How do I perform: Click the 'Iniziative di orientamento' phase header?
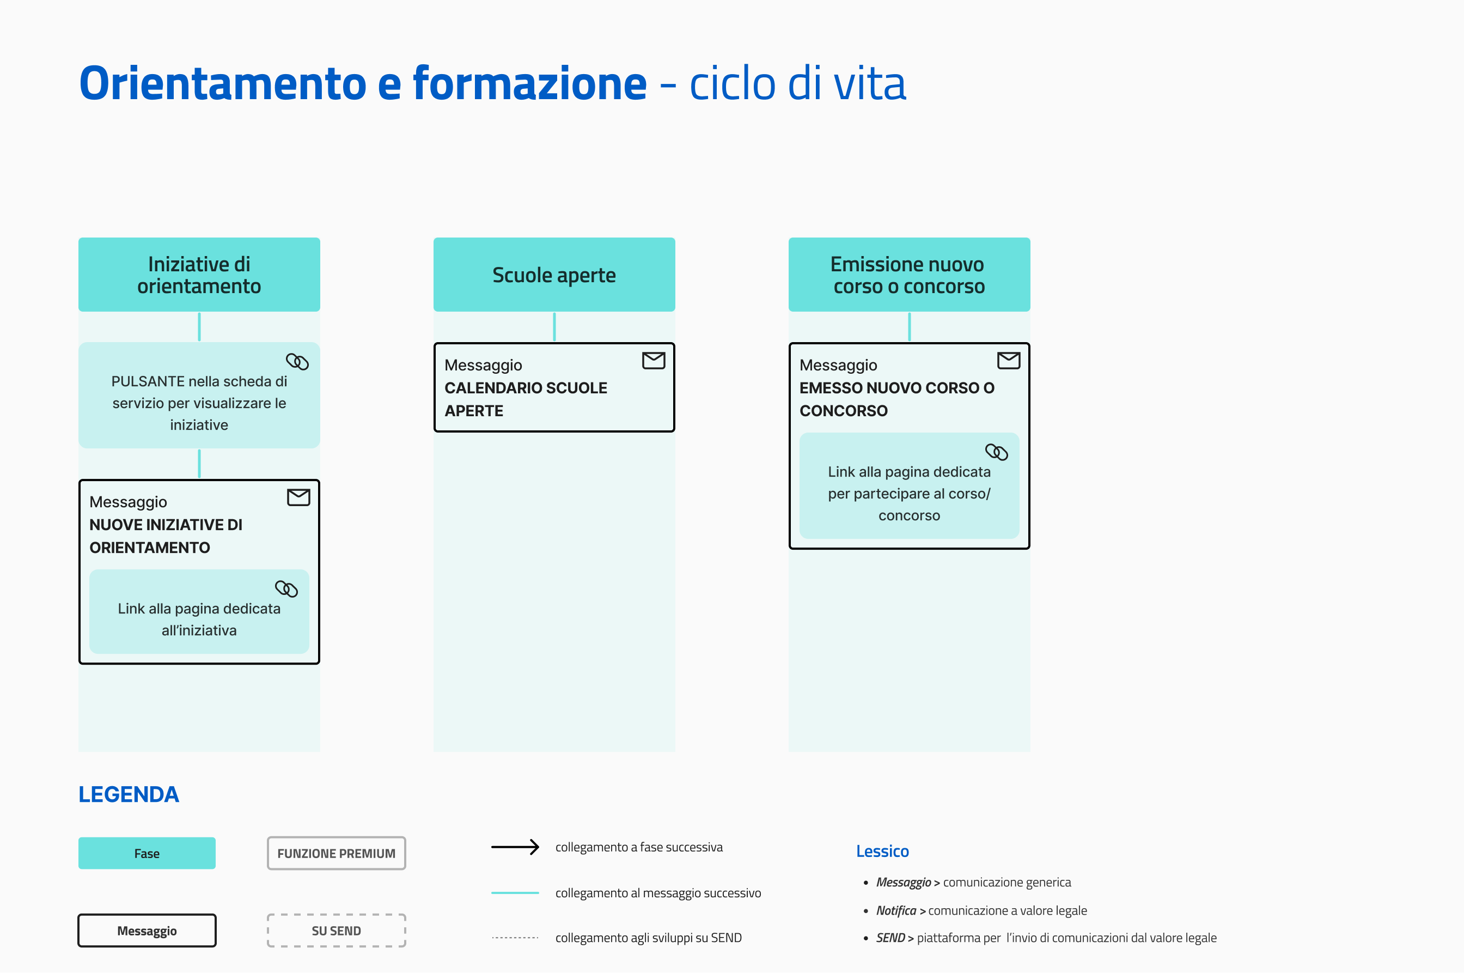coord(199,274)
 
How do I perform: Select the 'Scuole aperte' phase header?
coord(554,274)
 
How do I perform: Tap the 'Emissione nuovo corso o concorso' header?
coord(909,274)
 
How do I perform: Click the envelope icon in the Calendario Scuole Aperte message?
coord(653,361)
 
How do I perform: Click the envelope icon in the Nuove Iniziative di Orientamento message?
coord(298,497)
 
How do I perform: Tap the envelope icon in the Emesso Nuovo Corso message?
coord(1009,361)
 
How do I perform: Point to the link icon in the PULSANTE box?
coord(297,361)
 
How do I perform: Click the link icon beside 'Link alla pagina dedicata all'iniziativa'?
coord(286,588)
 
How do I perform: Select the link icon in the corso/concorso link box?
coord(996,452)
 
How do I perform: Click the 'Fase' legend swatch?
coord(147,853)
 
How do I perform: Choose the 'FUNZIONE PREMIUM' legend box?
coord(336,853)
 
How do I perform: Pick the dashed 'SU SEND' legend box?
coord(336,930)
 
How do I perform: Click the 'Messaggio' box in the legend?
coord(147,930)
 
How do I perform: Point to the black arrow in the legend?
coord(515,847)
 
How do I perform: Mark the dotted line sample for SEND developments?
coord(515,938)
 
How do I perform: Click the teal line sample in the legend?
coord(515,892)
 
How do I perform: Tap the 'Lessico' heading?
coord(882,851)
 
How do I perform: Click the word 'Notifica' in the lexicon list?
coord(896,910)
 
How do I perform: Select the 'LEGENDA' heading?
coord(129,794)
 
